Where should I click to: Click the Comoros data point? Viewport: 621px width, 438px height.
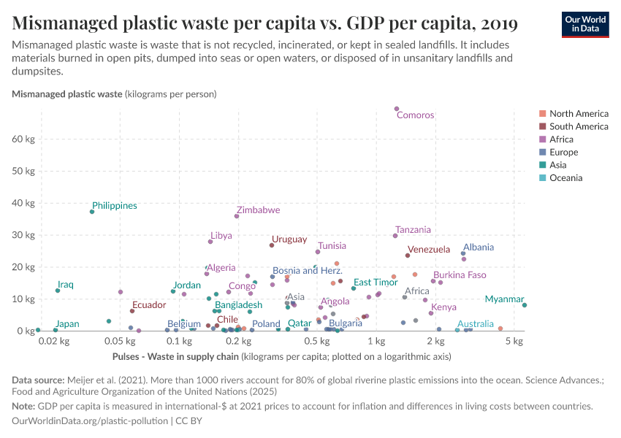tap(397, 109)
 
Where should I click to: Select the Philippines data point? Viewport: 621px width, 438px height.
tap(92, 212)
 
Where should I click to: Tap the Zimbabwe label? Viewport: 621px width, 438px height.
tap(258, 210)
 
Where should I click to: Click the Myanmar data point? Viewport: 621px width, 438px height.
tap(525, 305)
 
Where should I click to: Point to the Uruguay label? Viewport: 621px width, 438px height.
tap(289, 239)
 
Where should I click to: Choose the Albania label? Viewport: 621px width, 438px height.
tap(479, 247)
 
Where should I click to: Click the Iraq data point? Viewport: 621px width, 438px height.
tap(58, 291)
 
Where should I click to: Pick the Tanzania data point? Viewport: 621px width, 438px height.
tap(395, 236)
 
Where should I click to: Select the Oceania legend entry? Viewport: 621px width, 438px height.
tap(565, 177)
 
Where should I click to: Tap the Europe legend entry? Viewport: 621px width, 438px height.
tap(563, 152)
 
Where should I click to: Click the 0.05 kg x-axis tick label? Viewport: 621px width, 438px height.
tap(118, 341)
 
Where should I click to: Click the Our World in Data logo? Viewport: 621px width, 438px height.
tap(585, 24)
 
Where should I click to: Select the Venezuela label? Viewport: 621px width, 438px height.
tap(429, 250)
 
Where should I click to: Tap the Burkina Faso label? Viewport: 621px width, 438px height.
tap(460, 275)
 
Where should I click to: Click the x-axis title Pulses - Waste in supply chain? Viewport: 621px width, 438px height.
tap(175, 357)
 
